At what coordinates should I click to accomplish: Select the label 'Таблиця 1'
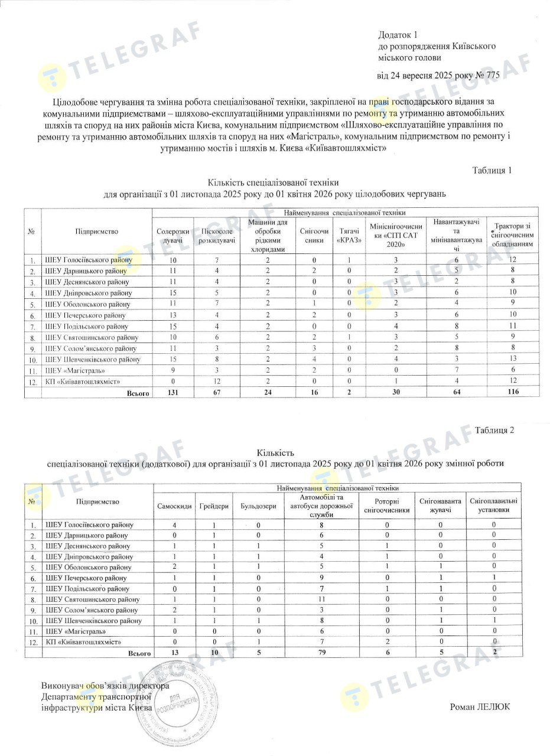(492, 171)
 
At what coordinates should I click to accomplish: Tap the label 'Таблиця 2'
(494, 430)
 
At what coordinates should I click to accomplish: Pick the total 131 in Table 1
(173, 392)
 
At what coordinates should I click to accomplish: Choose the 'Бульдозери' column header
(258, 506)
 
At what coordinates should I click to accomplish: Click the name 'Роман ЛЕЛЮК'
(479, 706)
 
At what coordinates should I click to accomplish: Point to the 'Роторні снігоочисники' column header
(387, 506)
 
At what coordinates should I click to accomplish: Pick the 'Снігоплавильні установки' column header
(493, 506)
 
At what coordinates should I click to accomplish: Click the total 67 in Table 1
(217, 392)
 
